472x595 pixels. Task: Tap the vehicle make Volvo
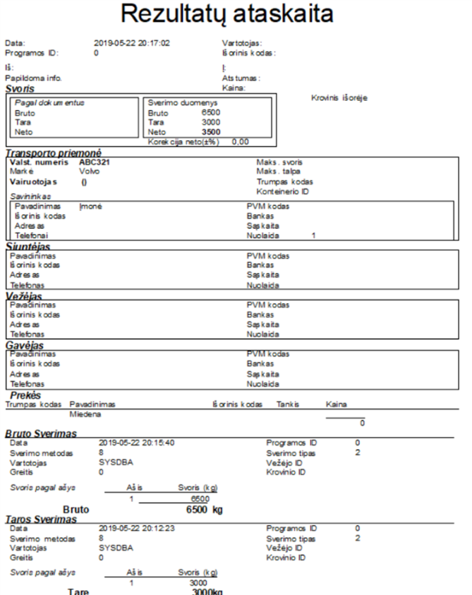tap(90, 171)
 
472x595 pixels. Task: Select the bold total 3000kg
tap(207, 591)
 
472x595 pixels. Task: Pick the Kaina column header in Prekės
tap(334, 405)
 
